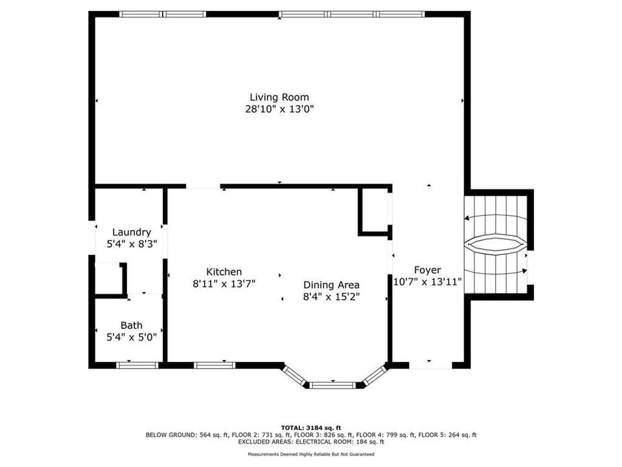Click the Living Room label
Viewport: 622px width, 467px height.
coord(279,97)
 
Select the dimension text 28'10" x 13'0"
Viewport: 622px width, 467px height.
coord(279,109)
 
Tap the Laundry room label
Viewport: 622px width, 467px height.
coord(132,233)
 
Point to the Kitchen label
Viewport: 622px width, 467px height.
coord(224,272)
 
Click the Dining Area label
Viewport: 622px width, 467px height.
coord(331,285)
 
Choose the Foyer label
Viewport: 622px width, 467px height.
coord(427,270)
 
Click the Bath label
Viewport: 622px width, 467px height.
coord(132,326)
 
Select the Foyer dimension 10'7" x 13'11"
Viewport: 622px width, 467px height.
coord(427,282)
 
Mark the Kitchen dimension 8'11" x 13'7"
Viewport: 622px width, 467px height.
coord(224,284)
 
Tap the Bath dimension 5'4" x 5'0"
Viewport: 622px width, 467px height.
coord(132,337)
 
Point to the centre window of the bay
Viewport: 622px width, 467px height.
coord(332,385)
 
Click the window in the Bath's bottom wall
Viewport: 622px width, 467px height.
coord(137,365)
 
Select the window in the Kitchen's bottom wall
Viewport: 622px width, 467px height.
coord(214,365)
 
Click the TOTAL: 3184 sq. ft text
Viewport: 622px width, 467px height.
coord(311,428)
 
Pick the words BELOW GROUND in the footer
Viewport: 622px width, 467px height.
coord(170,435)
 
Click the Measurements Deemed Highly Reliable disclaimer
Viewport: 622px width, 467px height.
coord(311,454)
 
